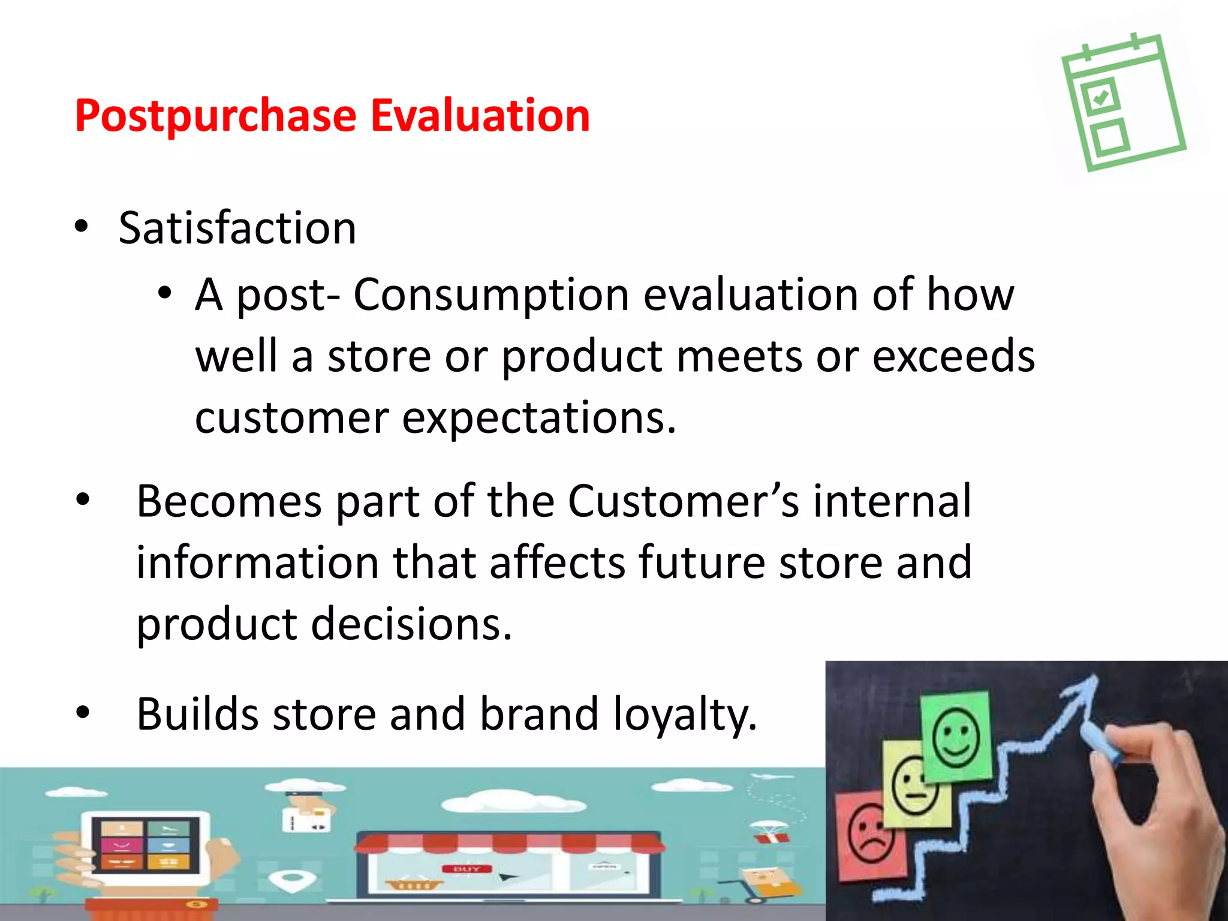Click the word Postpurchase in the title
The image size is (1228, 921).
[216, 116]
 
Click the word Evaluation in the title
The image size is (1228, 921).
[480, 116]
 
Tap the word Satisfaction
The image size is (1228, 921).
[237, 228]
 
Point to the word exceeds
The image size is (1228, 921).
[953, 356]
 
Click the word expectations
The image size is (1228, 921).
[538, 418]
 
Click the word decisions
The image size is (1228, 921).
[411, 624]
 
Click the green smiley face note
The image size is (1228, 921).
[956, 737]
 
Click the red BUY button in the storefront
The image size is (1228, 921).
[466, 869]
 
